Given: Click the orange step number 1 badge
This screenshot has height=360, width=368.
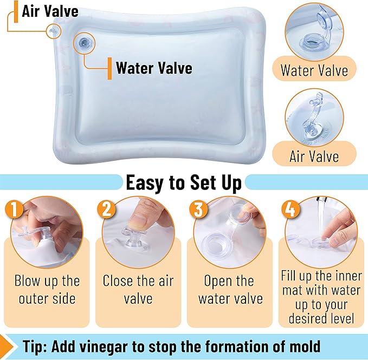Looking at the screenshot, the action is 14,210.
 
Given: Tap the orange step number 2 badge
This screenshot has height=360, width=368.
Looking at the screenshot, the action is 106,210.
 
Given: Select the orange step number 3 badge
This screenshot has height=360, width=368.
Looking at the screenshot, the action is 198,210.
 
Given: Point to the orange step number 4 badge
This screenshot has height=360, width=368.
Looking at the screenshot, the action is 290,210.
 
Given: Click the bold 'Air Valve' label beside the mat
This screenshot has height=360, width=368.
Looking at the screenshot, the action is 50,11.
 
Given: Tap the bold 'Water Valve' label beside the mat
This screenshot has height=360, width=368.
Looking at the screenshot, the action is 154,68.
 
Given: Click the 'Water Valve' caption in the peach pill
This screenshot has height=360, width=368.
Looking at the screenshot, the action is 314,70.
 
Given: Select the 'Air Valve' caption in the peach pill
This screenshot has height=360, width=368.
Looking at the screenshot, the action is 314,156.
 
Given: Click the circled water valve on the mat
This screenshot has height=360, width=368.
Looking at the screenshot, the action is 84,43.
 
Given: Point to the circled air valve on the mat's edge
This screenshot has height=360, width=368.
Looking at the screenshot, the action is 53,31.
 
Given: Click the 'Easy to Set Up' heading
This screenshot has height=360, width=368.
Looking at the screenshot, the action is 184,183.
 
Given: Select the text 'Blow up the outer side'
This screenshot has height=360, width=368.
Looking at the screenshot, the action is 47,290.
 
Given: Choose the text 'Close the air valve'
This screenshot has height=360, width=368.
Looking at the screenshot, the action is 138,290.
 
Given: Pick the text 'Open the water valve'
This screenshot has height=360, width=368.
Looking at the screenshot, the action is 230,290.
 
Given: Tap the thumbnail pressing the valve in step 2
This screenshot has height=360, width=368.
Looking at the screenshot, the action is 138,220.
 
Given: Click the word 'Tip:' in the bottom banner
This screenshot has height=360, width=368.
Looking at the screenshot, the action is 35,346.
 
